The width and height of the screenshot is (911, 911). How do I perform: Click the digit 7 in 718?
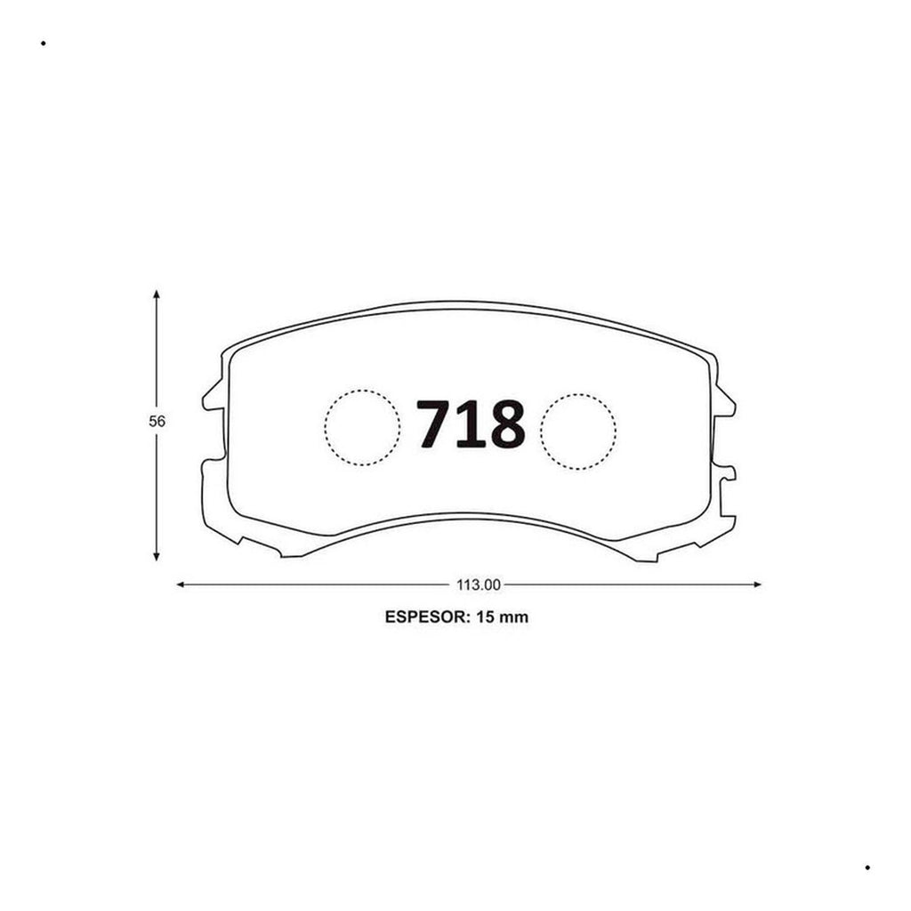pyautogui.click(x=434, y=423)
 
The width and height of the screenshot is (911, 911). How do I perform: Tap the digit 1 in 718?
pyautogui.click(x=472, y=423)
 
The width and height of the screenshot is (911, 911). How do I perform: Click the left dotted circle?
pyautogui.click(x=363, y=428)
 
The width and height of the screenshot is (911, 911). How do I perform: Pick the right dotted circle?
pyautogui.click(x=578, y=431)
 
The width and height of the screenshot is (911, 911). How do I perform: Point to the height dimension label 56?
pyautogui.click(x=157, y=421)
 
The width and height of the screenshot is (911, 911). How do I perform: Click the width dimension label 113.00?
pyautogui.click(x=478, y=584)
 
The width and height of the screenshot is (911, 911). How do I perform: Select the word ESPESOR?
pyautogui.click(x=427, y=617)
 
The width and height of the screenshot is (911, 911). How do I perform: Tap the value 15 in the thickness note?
pyautogui.click(x=485, y=617)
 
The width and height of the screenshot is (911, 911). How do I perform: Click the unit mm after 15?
pyautogui.click(x=514, y=618)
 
